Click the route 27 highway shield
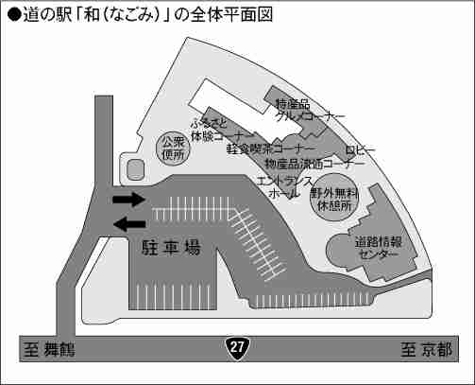[x=237, y=348]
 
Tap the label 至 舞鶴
[x=49, y=349]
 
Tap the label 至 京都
[x=426, y=349]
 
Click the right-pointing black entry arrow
[x=129, y=200]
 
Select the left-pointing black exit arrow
[x=129, y=224]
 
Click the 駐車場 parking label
[x=171, y=247]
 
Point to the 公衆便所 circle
[x=173, y=149]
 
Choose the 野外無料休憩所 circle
[x=334, y=197]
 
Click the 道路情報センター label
[x=378, y=248]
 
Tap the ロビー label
[x=361, y=149]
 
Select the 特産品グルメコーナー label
[x=310, y=110]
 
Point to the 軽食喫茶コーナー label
[x=271, y=149]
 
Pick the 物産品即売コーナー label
[x=314, y=164]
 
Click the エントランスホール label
[x=285, y=186]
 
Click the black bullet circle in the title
[x=14, y=15]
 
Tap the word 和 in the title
[x=92, y=14]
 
